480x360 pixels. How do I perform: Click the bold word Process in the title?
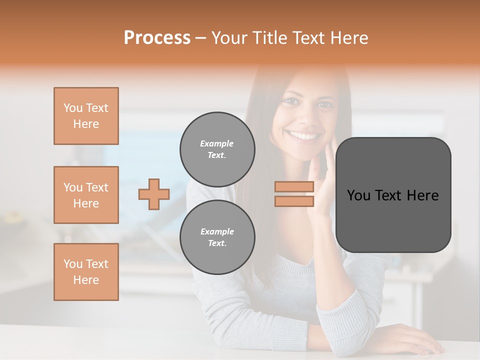point(157,38)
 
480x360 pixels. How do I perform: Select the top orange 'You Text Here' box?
point(86,116)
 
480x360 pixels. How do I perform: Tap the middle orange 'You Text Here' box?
point(86,195)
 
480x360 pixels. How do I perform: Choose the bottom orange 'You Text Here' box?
point(86,272)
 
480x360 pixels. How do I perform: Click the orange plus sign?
point(154,194)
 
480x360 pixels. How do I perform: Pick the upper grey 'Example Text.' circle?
point(217,149)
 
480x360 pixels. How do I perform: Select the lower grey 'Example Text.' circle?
point(217,237)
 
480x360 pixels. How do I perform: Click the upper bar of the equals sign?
point(294,187)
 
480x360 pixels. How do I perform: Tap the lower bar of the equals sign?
point(294,201)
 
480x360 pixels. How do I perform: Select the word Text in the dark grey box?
point(390,195)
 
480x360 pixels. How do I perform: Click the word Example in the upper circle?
point(217,143)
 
